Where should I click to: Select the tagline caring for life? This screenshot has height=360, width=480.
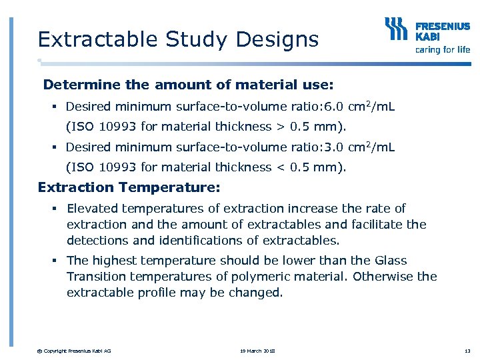[443, 49]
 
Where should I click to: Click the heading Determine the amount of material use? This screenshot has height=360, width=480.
[188, 85]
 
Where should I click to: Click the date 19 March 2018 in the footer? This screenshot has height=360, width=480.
[257, 351]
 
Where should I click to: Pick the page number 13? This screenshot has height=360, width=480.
[467, 351]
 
